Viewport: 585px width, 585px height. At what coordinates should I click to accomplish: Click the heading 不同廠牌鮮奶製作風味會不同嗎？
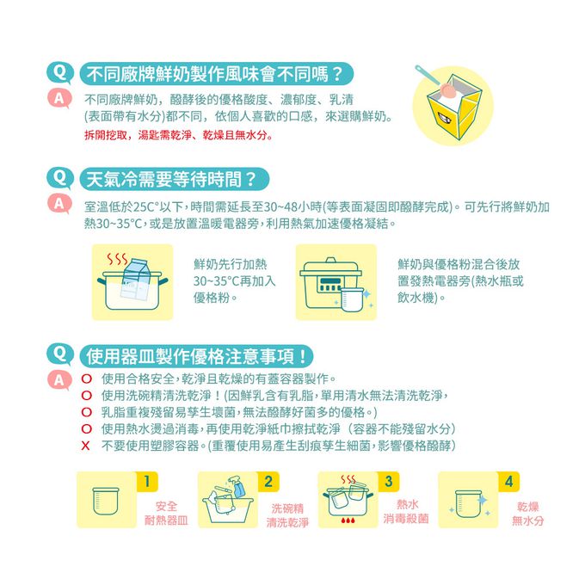[214, 74]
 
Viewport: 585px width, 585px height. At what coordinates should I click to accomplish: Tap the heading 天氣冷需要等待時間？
[171, 180]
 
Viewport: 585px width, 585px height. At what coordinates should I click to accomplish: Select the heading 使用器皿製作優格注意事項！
[196, 356]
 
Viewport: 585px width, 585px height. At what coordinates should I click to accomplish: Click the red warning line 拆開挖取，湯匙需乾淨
[178, 135]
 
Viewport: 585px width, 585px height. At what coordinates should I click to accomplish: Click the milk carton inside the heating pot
[136, 278]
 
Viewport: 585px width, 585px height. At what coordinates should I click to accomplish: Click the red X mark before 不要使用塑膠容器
[85, 446]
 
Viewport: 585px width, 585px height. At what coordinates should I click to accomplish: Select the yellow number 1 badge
[147, 482]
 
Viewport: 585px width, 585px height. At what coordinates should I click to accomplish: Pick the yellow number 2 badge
[268, 482]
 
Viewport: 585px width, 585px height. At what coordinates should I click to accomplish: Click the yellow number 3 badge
[388, 482]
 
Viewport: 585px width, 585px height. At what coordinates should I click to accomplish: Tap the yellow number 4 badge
[509, 482]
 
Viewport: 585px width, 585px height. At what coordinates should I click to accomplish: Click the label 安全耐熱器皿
[166, 514]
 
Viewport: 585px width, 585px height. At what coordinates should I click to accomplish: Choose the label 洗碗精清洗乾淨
[287, 515]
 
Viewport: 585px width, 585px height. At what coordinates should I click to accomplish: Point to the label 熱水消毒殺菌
[406, 512]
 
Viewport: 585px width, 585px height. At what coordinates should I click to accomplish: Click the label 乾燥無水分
[528, 514]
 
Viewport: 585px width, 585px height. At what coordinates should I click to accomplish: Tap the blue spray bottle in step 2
[237, 486]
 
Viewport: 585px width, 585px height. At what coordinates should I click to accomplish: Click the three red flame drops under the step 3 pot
[348, 520]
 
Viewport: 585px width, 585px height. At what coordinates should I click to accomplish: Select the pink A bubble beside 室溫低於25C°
[59, 204]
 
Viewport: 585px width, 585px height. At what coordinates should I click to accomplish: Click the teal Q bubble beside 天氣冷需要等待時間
[59, 177]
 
